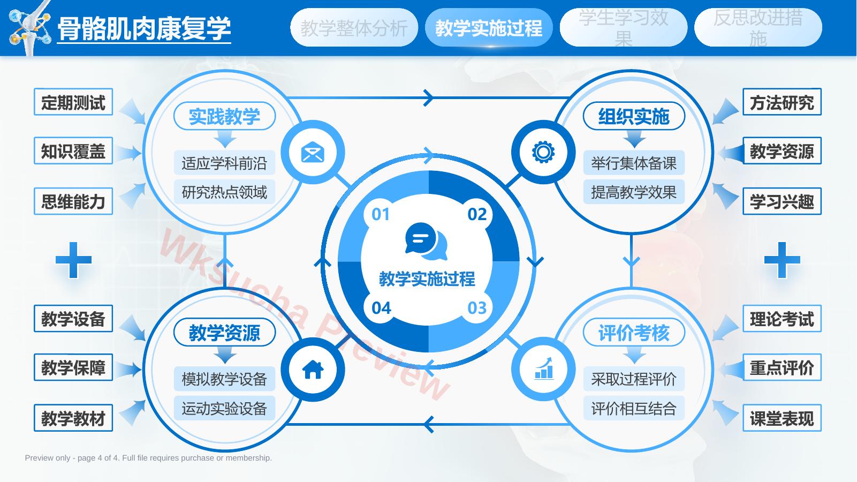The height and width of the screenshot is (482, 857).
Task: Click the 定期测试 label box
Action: click(73, 102)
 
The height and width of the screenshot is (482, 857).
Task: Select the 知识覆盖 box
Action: click(73, 150)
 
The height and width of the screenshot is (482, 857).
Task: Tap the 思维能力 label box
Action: click(73, 201)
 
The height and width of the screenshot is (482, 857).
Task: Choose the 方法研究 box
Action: click(782, 102)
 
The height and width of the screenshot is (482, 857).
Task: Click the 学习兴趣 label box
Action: click(782, 201)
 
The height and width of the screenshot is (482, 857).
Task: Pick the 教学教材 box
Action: click(73, 418)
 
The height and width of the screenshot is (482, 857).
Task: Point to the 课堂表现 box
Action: click(782, 418)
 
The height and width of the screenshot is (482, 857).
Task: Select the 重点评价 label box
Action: click(782, 367)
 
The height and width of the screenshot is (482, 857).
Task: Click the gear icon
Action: click(543, 152)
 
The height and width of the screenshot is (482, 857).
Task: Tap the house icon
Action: click(313, 370)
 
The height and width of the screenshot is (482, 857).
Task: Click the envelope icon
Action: click(313, 152)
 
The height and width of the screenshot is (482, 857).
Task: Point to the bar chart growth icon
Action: click(544, 368)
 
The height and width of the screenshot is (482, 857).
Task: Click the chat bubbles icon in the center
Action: click(426, 241)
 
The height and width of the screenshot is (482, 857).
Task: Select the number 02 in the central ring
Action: click(477, 214)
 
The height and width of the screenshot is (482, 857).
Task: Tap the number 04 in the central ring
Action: click(381, 308)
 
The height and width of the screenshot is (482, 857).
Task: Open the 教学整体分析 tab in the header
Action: click(354, 27)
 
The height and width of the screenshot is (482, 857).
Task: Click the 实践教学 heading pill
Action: click(225, 116)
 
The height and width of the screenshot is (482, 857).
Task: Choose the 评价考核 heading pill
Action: click(634, 332)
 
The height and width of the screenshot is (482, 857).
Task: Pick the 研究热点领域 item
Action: click(225, 192)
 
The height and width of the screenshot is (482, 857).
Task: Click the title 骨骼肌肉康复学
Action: click(144, 28)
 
